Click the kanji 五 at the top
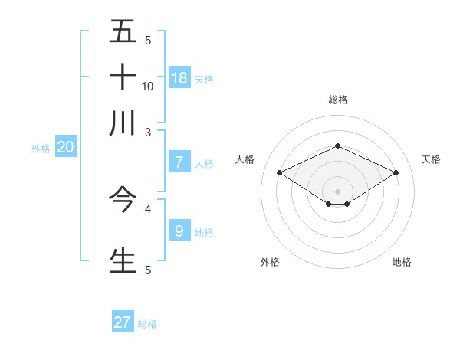(x=123, y=31)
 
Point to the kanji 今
(x=123, y=199)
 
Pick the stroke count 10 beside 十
(x=148, y=86)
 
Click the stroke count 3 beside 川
(x=148, y=132)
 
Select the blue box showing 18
(x=179, y=77)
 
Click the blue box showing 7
(x=179, y=162)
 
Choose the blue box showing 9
(x=179, y=231)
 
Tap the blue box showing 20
(x=65, y=148)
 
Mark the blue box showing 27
(x=123, y=322)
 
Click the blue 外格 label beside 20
(x=41, y=149)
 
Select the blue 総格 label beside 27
(x=147, y=324)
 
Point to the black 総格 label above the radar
(x=337, y=100)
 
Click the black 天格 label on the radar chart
(x=432, y=159)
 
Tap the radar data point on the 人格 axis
(x=279, y=173)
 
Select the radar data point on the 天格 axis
(x=396, y=173)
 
